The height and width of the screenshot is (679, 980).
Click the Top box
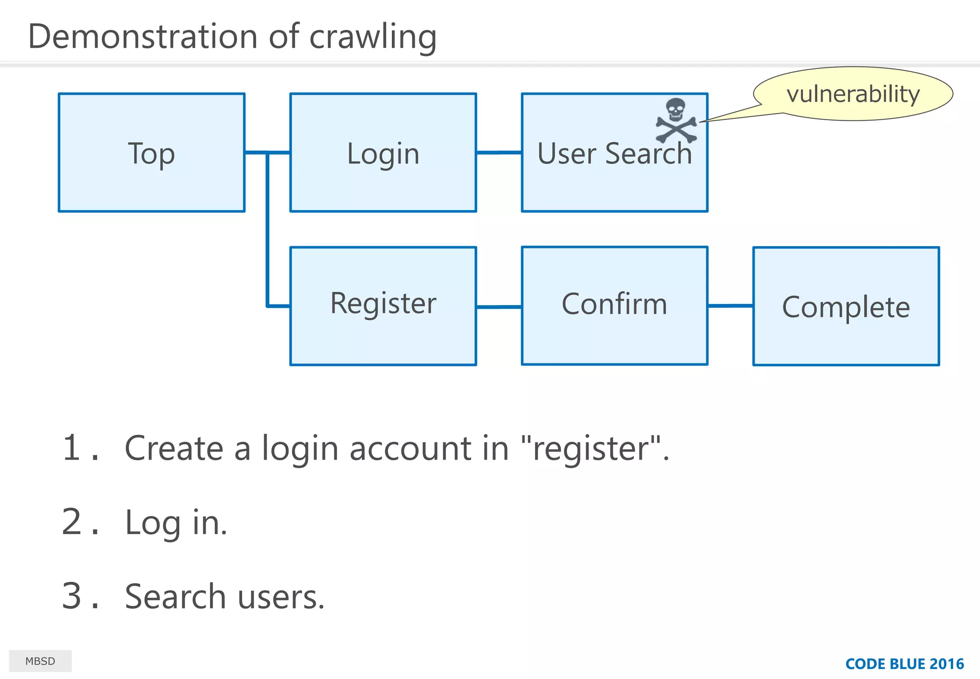pos(151,153)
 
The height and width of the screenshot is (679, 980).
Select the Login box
pos(383,153)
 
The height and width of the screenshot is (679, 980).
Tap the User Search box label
pos(614,154)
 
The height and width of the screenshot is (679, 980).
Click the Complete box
pos(846,307)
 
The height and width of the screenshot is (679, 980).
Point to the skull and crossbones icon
pos(676,121)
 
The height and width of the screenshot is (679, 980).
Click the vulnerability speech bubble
pos(853,94)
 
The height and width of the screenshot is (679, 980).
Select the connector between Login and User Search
pos(499,153)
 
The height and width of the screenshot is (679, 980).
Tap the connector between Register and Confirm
pos(499,307)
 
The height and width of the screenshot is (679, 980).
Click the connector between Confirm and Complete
pos(730,306)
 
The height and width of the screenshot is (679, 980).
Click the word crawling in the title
pos(373,37)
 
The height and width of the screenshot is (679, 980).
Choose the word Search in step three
pos(175,597)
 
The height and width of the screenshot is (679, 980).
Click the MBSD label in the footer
pos(40,661)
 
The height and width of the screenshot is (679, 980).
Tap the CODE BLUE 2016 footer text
pos(904,664)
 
